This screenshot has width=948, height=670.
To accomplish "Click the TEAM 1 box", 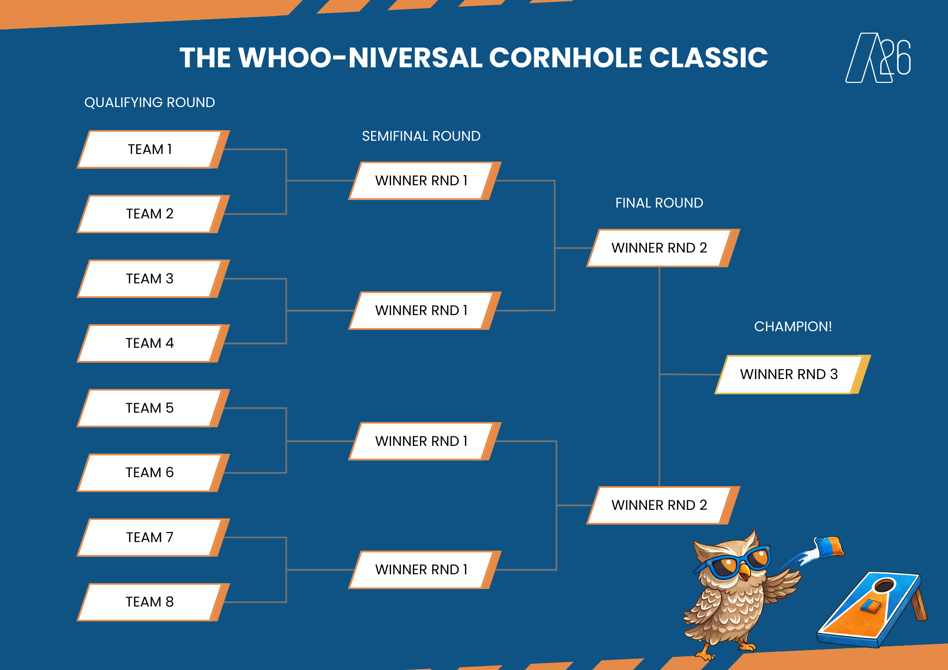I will (150, 149).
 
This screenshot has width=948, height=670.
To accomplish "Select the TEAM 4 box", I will (150, 343).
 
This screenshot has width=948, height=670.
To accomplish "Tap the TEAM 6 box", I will (150, 472).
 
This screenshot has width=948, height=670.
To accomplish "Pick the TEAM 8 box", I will (150, 602).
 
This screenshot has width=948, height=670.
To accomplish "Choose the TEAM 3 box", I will (150, 279).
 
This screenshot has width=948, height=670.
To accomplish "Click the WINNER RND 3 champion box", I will (789, 374).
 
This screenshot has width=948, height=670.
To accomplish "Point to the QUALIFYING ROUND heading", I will (150, 102).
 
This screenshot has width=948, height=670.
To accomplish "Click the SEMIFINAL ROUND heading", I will (421, 136).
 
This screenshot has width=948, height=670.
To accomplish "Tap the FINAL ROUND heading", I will (659, 203).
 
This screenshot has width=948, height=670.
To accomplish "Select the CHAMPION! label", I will (793, 326).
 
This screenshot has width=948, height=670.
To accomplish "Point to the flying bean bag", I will (829, 547).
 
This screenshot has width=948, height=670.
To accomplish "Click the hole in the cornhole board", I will (884, 586).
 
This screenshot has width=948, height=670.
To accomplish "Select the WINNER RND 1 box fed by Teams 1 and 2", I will (421, 181).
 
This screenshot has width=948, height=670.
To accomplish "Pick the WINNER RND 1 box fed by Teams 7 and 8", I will (421, 570).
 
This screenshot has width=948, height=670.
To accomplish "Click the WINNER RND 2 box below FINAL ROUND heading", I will (659, 248).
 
